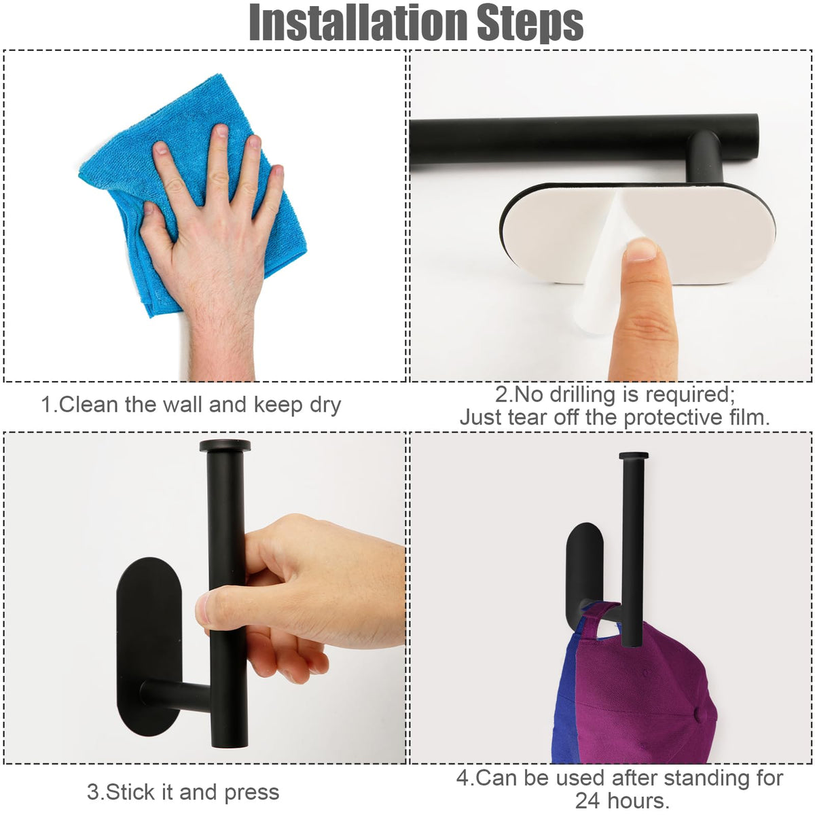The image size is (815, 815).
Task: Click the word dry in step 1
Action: [325, 405]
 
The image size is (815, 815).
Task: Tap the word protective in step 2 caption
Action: [672, 418]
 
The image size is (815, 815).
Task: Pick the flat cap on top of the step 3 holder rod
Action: [225, 446]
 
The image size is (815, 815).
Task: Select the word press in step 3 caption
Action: [252, 793]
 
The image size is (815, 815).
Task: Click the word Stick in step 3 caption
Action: [130, 792]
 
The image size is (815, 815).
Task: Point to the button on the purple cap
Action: [700, 714]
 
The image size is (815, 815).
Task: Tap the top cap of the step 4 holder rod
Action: [634, 456]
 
